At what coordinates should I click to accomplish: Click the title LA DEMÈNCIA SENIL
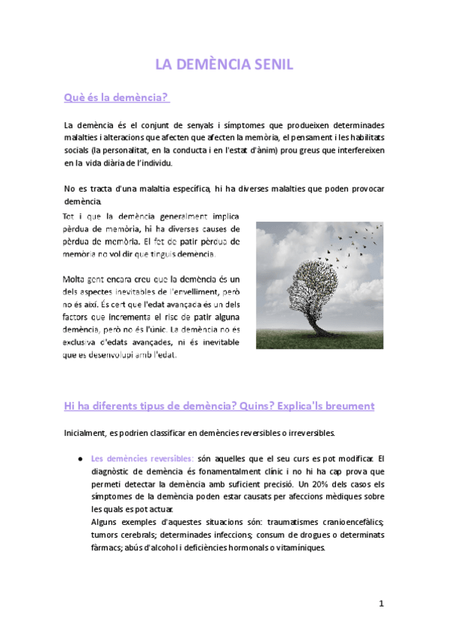[224, 65]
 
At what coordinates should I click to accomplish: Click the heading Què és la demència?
[117, 98]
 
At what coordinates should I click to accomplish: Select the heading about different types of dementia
[219, 406]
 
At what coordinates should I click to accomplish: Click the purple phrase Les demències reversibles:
[141, 458]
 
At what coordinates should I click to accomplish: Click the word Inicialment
[86, 433]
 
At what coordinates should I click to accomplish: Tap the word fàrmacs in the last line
[107, 547]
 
